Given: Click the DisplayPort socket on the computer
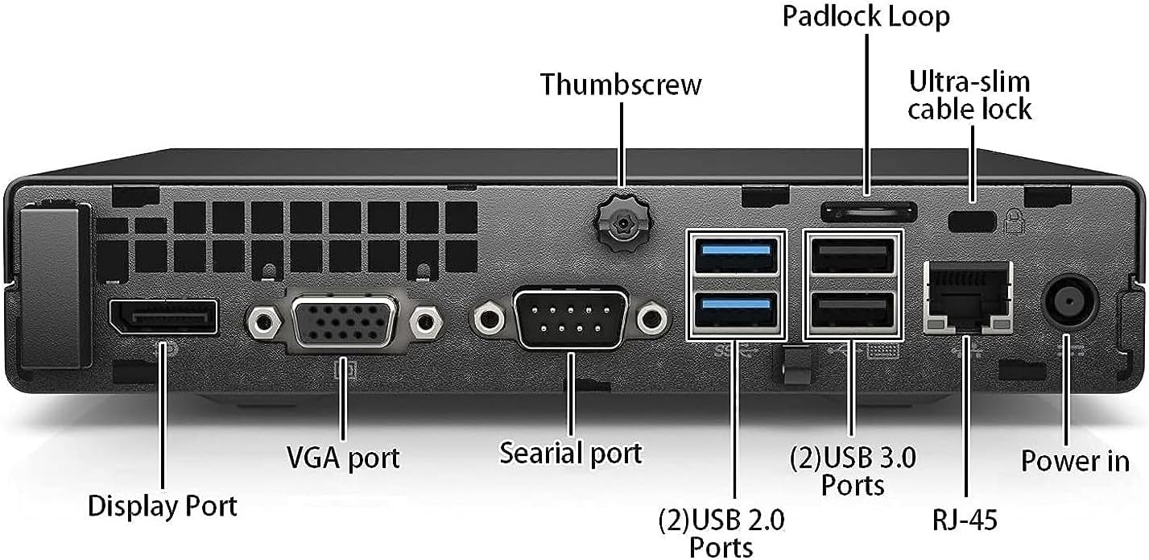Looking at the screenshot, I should (163, 317).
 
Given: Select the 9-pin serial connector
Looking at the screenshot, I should (571, 319).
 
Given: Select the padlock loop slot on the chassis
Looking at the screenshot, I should (869, 212).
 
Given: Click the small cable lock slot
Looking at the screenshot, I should (973, 218).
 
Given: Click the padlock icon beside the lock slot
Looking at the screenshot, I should (1012, 220).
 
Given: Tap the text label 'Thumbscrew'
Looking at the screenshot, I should (620, 84).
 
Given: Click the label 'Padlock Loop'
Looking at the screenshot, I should (866, 16).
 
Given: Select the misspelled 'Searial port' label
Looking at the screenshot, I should (571, 452).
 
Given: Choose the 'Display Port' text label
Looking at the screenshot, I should (163, 506).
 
